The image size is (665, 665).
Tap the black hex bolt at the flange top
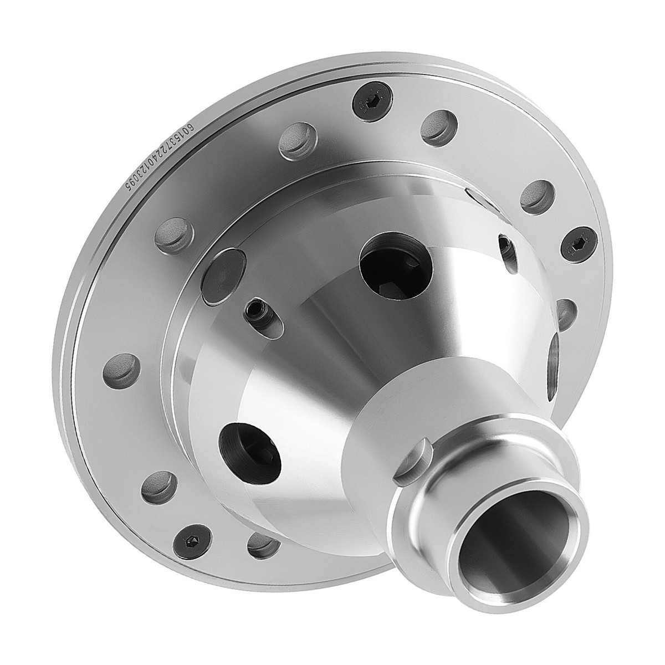pyautogui.click(x=366, y=101)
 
